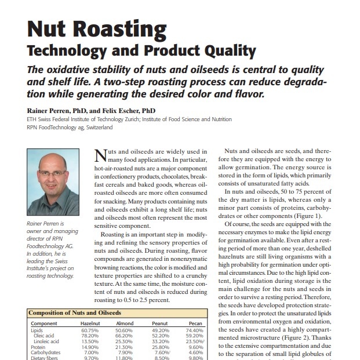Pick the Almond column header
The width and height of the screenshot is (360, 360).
point(125,323)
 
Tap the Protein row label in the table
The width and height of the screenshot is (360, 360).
point(38,346)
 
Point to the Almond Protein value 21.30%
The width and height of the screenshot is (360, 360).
point(125,346)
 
